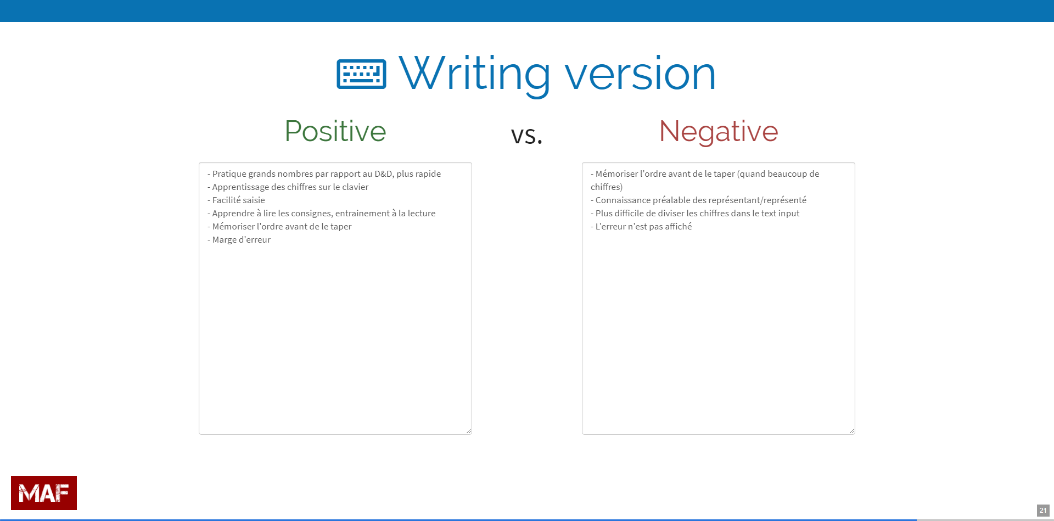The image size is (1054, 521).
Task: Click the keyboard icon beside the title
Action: (361, 74)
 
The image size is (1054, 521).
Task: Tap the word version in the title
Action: (640, 74)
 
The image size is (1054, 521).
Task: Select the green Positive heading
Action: (335, 131)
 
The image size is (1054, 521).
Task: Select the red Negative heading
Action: (719, 132)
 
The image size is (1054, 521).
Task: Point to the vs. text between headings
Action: (526, 135)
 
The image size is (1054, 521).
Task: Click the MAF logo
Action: (44, 493)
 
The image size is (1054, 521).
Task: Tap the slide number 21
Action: (1043, 511)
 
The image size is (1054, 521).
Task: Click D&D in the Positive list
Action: (383, 174)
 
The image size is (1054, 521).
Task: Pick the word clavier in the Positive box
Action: (355, 187)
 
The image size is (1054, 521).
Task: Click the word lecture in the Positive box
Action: (422, 214)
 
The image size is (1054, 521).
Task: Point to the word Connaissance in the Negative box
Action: (623, 200)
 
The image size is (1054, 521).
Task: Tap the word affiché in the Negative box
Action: (679, 227)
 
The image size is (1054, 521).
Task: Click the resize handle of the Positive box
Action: (469, 431)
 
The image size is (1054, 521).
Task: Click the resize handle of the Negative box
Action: (852, 431)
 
